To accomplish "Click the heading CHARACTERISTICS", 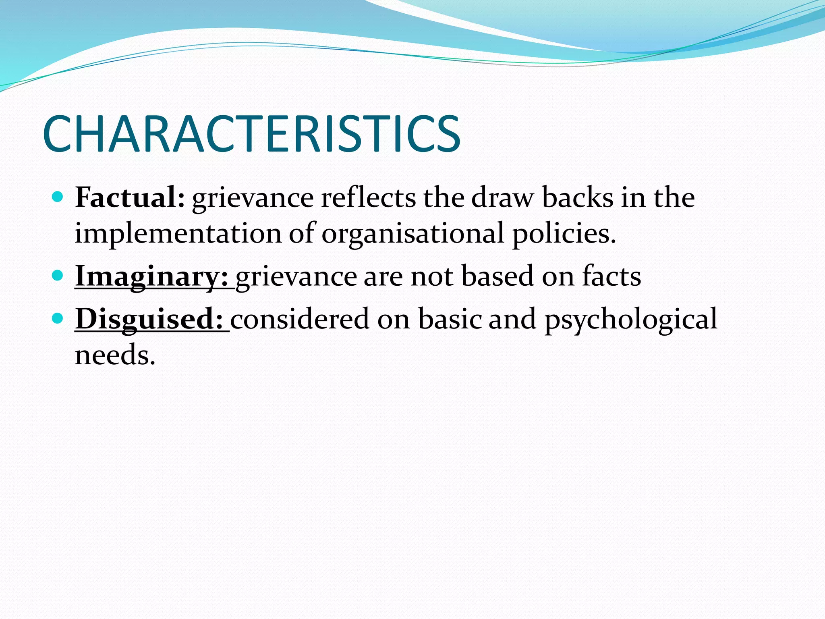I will tap(251, 134).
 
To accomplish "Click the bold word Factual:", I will tap(130, 197).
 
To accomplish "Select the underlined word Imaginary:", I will tap(151, 276).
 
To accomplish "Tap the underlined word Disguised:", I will tap(149, 319).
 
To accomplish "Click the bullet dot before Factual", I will tap(58, 197).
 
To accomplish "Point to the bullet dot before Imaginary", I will tap(58, 276).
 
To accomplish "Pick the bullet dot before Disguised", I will tap(58, 318).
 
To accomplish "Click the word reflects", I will tap(368, 197).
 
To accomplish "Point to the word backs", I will tap(577, 197).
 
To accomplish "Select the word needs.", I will tap(115, 355).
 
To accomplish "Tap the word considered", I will tap(300, 319).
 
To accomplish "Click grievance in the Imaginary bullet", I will tap(296, 277).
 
